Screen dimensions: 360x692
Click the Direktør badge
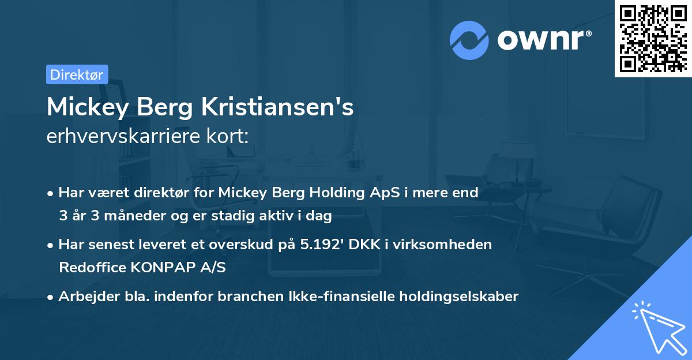[77, 74]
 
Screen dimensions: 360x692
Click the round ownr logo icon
[469, 40]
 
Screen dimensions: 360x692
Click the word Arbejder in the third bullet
[84, 297]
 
